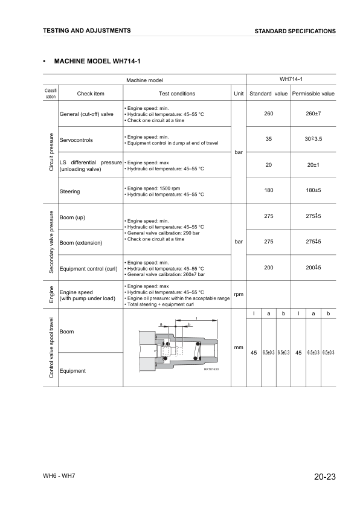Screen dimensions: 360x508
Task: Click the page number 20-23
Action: (324, 477)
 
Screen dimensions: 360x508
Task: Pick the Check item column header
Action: (91, 94)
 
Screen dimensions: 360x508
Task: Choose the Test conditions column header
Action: (176, 94)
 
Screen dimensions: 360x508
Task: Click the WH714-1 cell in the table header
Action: (291, 79)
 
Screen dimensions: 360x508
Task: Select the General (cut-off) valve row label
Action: (86, 114)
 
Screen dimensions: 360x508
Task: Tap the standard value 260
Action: (269, 114)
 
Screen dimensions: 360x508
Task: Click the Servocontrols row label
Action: (76, 140)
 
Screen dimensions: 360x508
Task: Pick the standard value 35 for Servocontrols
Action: (269, 139)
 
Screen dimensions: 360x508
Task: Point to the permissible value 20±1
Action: (313, 165)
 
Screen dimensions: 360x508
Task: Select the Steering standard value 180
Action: (269, 191)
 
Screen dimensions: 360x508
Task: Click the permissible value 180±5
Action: (313, 191)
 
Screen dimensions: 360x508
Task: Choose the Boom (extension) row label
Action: (81, 242)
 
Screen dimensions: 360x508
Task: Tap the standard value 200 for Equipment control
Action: (269, 268)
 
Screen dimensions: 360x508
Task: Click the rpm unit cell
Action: (239, 294)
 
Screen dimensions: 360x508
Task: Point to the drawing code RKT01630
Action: (212, 368)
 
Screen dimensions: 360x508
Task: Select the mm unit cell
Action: (239, 347)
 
